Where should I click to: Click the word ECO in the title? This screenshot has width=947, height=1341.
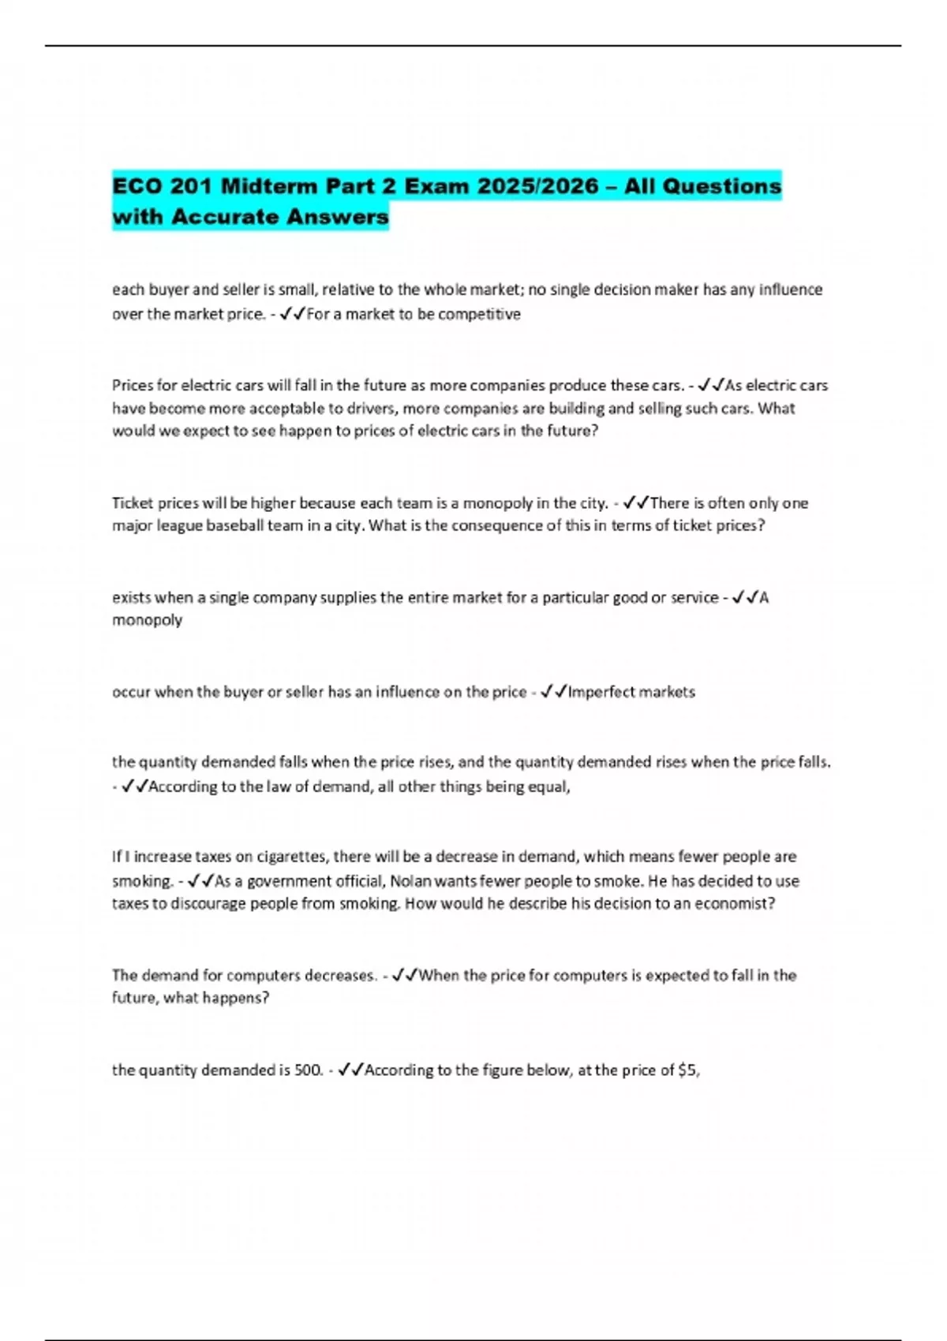point(137,186)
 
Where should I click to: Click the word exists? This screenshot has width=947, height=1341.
point(132,597)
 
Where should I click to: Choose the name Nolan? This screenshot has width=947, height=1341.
point(410,881)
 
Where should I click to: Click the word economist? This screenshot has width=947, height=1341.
point(733,904)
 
